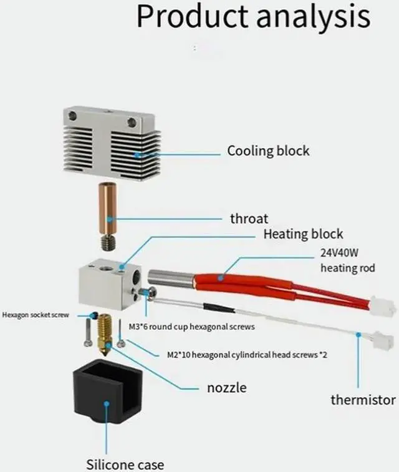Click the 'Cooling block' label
[x=268, y=151]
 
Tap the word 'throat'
[x=249, y=219]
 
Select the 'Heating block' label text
[x=303, y=234]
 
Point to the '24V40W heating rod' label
[x=348, y=262]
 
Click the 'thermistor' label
[x=363, y=400]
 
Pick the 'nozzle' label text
[x=226, y=388]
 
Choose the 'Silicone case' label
[x=125, y=464]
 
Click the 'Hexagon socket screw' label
[x=36, y=315]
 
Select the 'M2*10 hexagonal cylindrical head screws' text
[x=248, y=355]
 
